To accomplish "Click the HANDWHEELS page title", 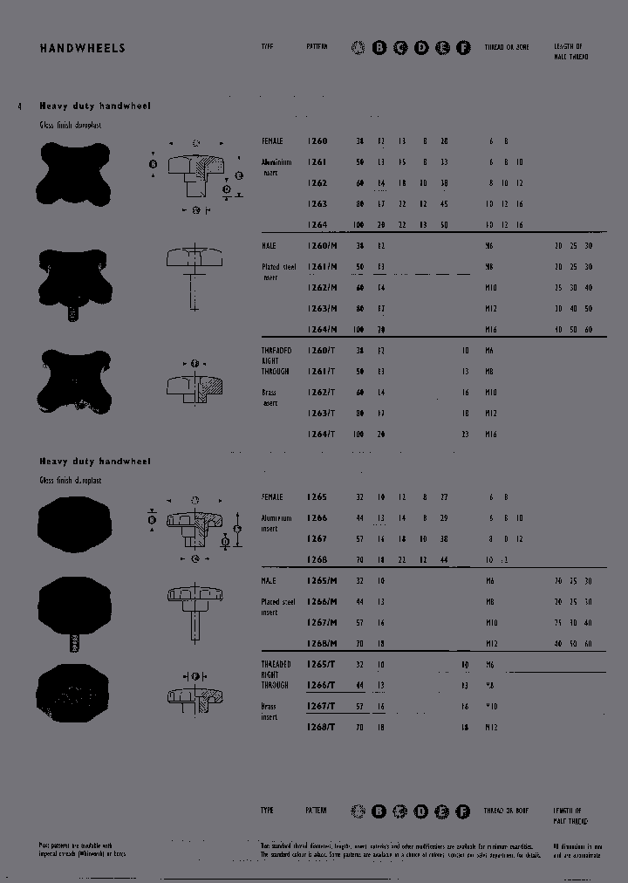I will [x=82, y=48].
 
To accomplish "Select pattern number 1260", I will [x=317, y=140].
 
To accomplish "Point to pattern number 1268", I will [x=317, y=559].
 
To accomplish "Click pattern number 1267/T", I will [x=321, y=706].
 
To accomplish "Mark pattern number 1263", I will [x=317, y=203].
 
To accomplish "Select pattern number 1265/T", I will [x=321, y=664].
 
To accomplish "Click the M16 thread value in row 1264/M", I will [x=490, y=329].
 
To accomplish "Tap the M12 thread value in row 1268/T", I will [x=490, y=727].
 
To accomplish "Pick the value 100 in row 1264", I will [x=358, y=224].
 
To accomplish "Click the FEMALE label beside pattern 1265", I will [x=272, y=496].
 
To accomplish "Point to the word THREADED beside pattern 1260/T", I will [x=276, y=350].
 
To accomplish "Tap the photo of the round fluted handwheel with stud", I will [x=75, y=611].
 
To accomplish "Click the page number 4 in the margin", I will [x=19, y=106].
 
